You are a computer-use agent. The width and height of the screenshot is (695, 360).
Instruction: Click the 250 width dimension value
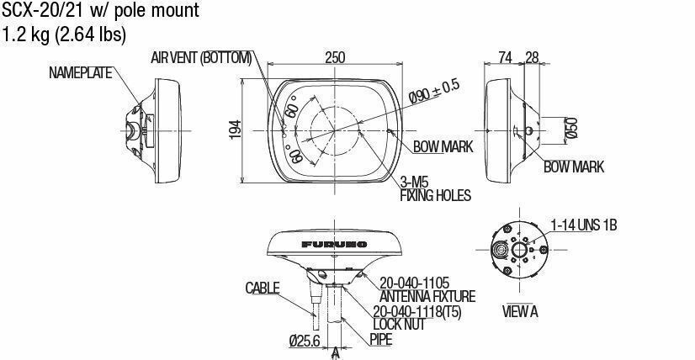click(335, 57)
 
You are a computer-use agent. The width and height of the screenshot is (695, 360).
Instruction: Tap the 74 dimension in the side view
click(505, 57)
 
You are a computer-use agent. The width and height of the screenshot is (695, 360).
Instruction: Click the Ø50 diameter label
click(571, 128)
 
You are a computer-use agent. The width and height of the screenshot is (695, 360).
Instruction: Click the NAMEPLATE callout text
click(80, 73)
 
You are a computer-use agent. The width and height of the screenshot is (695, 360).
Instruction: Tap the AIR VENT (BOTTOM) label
click(201, 57)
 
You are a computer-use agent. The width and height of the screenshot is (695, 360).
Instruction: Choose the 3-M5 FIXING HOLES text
click(434, 189)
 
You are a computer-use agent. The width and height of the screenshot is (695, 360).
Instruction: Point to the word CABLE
click(263, 288)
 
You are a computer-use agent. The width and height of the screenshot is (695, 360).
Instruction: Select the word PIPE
click(381, 339)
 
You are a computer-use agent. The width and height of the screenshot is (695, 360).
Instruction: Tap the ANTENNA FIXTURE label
click(427, 296)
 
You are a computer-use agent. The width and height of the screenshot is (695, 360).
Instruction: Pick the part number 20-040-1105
click(415, 283)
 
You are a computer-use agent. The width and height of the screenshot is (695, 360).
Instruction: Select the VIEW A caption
click(521, 311)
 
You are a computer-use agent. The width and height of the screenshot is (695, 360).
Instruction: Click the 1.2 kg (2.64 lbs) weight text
click(65, 34)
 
